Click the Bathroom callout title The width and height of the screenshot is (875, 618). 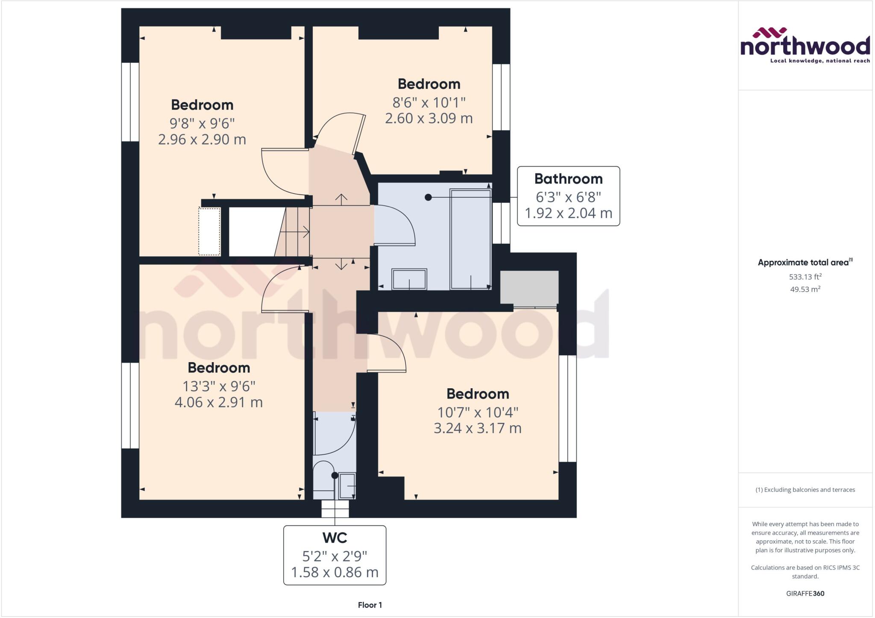click(568, 179)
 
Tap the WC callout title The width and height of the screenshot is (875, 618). click(335, 538)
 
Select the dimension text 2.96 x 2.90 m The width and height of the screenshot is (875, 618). click(202, 140)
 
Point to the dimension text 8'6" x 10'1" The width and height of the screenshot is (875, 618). click(429, 103)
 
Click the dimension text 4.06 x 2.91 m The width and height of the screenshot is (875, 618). click(218, 402)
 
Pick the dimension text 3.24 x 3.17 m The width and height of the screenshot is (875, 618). click(477, 428)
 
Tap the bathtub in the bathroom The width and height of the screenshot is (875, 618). click(470, 239)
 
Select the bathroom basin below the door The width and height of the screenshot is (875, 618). click(409, 279)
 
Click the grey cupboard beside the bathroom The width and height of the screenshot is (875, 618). click(529, 288)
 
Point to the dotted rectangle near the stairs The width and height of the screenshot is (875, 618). click(209, 231)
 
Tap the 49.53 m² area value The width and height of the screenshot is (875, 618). click(805, 289)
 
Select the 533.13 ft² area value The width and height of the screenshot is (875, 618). click(805, 277)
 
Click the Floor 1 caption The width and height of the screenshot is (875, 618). click(370, 605)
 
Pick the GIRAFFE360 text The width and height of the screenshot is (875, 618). click(805, 593)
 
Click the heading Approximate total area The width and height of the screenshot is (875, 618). click(803, 263)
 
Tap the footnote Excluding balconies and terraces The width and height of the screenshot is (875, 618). click(805, 490)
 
